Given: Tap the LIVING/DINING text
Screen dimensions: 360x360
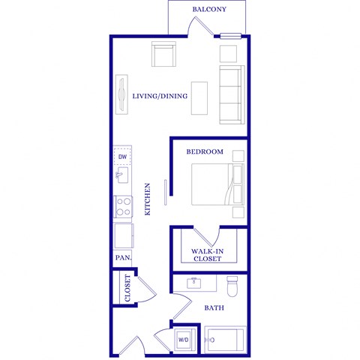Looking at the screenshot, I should click(x=160, y=96).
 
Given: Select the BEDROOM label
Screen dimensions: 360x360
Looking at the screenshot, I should click(x=205, y=152).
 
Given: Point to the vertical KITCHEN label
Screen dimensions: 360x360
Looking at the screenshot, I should click(x=148, y=199).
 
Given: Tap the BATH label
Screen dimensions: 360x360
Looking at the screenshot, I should click(x=215, y=307).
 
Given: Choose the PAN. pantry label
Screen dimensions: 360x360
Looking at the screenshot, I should click(x=123, y=258).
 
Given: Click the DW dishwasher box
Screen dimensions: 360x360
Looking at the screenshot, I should click(x=123, y=156).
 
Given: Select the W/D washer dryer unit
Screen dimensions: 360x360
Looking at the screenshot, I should click(x=184, y=340).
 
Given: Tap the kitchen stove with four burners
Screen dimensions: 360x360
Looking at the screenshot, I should click(x=123, y=206).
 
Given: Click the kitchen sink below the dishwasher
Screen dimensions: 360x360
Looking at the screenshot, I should click(x=122, y=176).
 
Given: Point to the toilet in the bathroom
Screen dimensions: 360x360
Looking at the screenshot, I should click(x=232, y=285).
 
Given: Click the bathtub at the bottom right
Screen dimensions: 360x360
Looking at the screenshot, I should click(x=226, y=340).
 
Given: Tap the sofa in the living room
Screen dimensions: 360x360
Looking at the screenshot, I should click(x=231, y=94).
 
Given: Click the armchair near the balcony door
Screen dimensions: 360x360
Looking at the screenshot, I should click(x=164, y=55).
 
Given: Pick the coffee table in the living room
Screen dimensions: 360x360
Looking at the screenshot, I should click(x=199, y=97).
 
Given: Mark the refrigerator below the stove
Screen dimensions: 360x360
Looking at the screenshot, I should click(x=123, y=235).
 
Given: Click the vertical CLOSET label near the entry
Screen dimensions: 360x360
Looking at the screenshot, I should click(x=127, y=289).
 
